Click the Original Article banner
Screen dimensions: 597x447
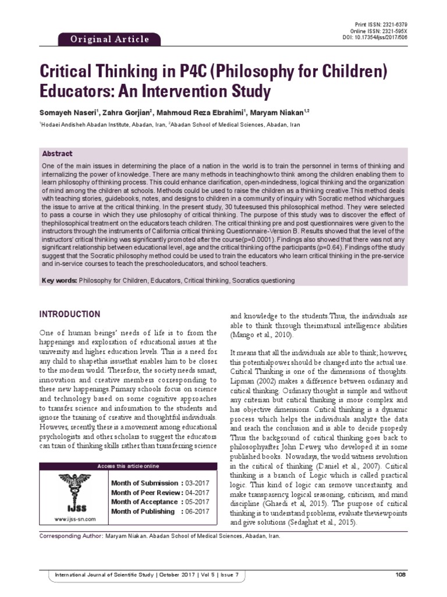tap(110, 40)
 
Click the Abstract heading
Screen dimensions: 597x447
tap(58, 154)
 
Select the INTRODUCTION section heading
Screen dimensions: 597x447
tap(70, 314)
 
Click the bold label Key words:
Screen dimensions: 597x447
tap(60, 280)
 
